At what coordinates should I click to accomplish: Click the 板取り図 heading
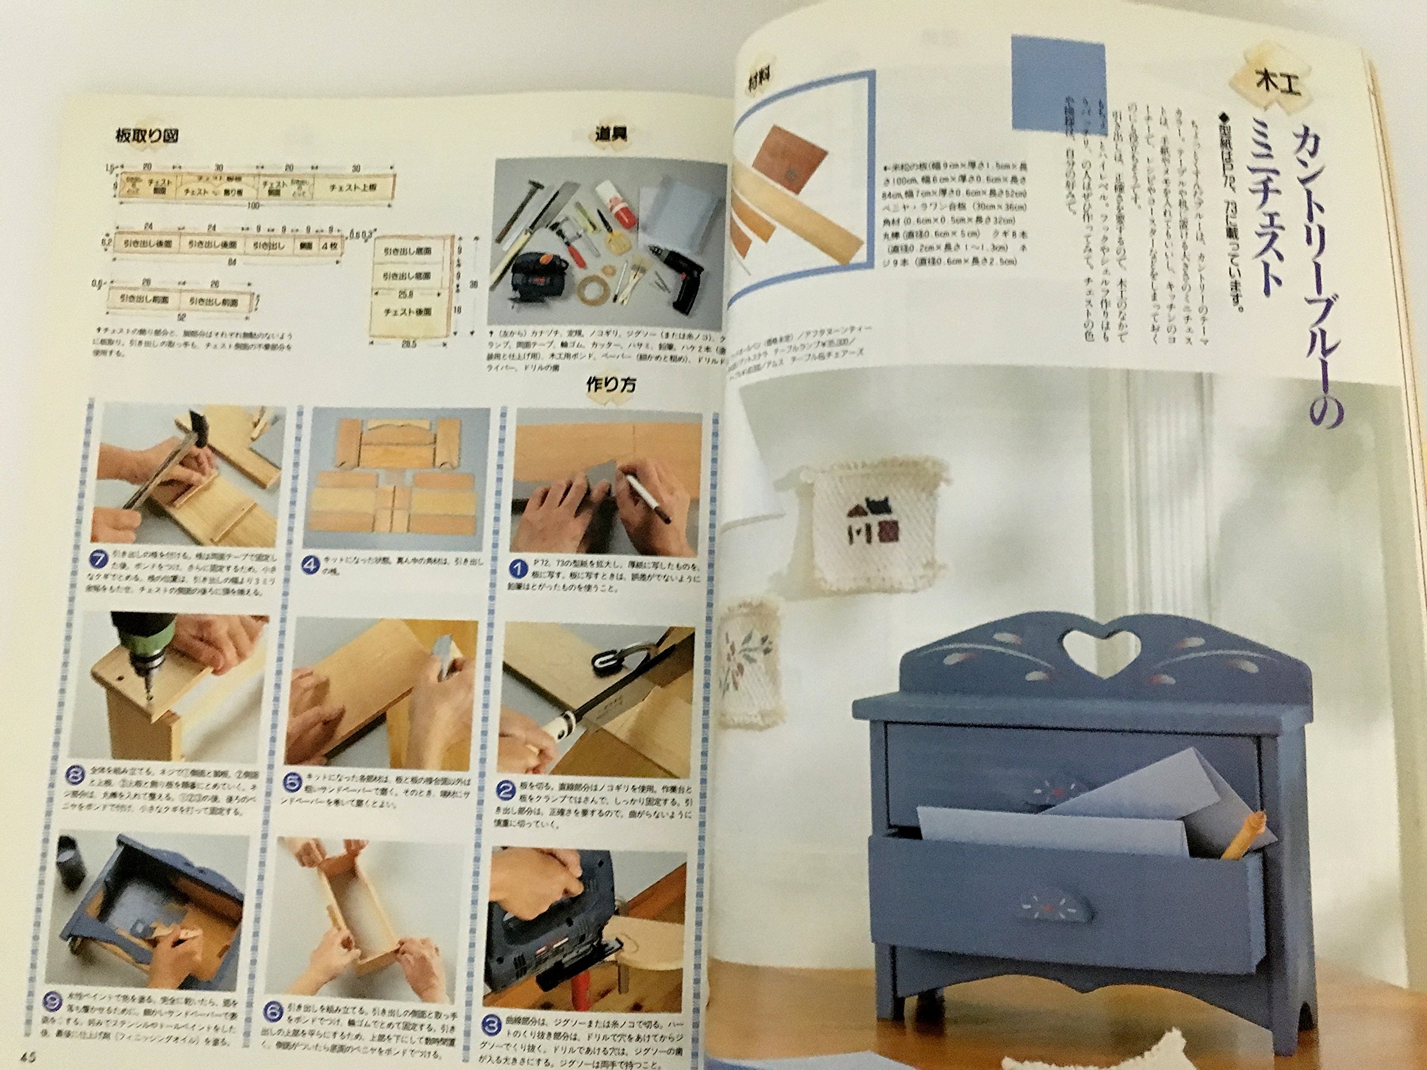click(x=147, y=136)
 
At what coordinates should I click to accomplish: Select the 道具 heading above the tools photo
click(x=609, y=134)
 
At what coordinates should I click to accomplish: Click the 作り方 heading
click(x=610, y=385)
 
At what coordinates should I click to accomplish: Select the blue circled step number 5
click(x=292, y=782)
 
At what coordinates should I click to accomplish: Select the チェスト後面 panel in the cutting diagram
click(x=407, y=312)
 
